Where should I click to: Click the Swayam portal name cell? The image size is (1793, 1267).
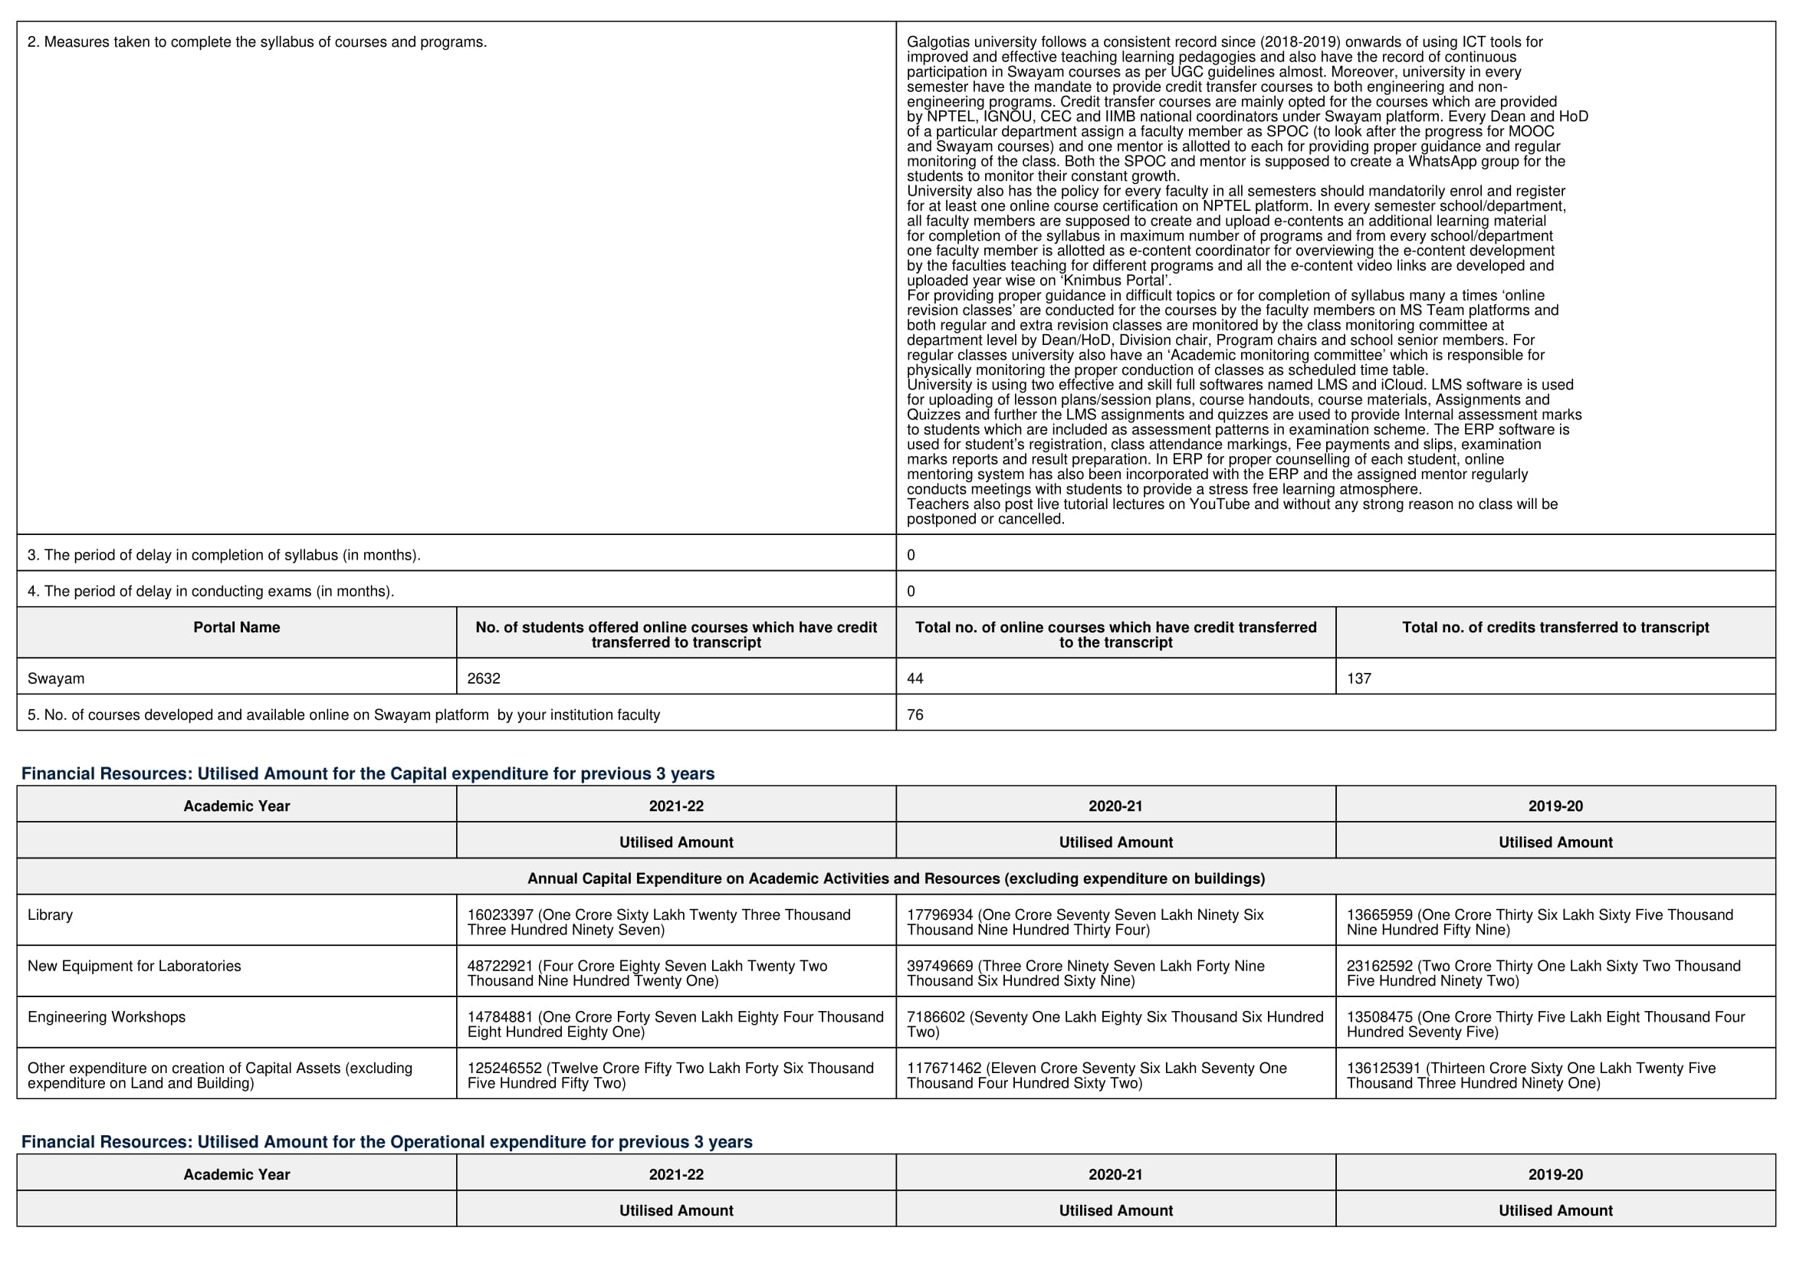pos(56,678)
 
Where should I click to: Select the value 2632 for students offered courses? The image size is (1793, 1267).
pos(484,678)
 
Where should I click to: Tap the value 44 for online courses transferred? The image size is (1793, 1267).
pos(915,678)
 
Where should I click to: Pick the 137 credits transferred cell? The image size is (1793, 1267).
pos(1359,678)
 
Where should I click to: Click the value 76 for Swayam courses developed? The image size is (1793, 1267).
pos(915,714)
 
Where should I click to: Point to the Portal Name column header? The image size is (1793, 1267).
pos(237,628)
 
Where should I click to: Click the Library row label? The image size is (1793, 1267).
pos(50,914)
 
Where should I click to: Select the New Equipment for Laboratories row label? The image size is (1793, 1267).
pos(134,966)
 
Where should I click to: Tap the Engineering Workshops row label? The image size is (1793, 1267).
pos(107,1016)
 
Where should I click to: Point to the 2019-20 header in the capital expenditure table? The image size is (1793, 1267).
pos(1555,806)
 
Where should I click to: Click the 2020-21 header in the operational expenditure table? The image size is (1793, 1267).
pos(1115,1174)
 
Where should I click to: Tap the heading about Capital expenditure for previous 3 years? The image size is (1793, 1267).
pos(368,773)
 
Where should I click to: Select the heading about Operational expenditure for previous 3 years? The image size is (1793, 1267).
pos(386,1142)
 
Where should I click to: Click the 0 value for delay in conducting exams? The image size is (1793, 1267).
pos(911,591)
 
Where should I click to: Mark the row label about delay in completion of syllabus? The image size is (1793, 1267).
pos(224,555)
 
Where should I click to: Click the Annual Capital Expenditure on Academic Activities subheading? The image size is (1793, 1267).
pos(895,878)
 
